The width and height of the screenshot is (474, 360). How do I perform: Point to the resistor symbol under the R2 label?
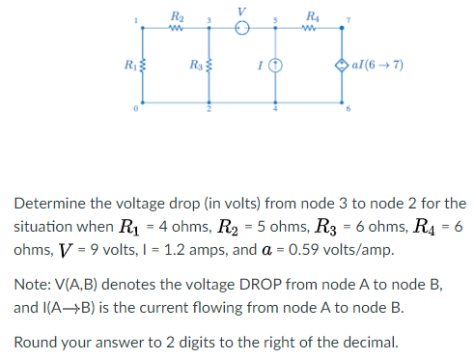(x=175, y=27)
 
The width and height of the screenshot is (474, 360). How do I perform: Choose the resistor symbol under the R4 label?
(x=310, y=27)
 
